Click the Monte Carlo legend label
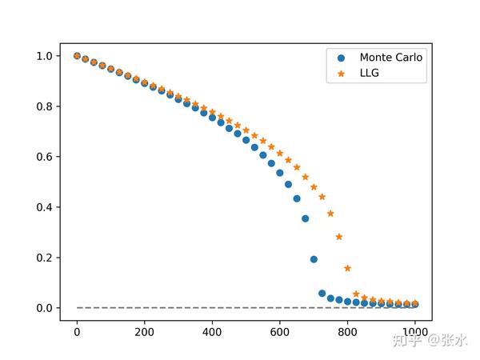coord(390,58)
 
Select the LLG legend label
coord(370,74)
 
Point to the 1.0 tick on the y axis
coord(43,56)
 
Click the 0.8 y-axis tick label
coord(43,106)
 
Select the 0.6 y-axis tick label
coord(43,157)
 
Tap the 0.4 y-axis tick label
coord(43,207)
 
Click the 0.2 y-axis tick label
coord(43,258)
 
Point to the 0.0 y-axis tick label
coord(43,308)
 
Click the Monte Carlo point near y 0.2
coord(314,259)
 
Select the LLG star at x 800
coord(347,268)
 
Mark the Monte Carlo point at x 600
coord(280,173)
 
